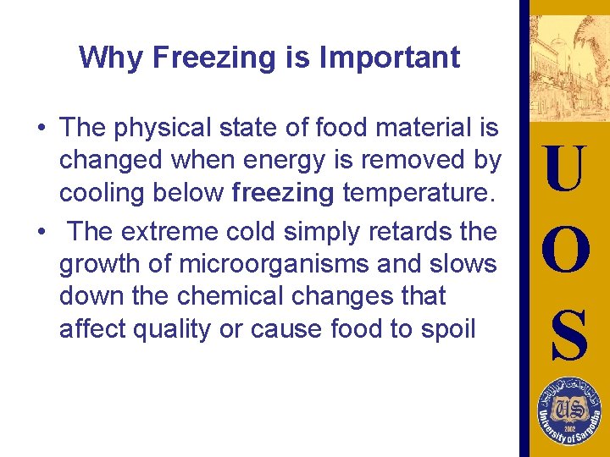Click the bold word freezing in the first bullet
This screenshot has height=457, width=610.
tap(283, 194)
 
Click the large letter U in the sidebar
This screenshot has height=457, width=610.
tap(565, 169)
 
